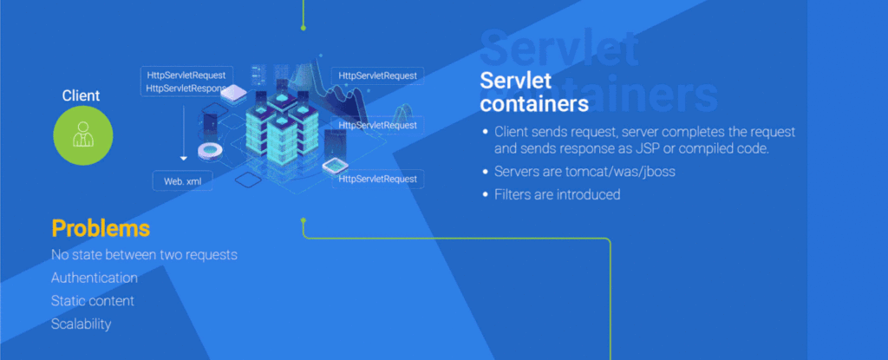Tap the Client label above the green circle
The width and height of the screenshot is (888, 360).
tap(81, 95)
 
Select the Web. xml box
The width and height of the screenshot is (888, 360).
tap(182, 181)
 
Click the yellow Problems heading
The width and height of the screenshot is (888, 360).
tap(101, 229)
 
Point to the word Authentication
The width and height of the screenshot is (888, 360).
tap(95, 278)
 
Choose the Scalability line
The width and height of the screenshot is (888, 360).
tap(82, 324)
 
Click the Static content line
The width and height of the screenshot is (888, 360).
tap(93, 301)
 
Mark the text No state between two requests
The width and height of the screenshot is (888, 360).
tap(144, 255)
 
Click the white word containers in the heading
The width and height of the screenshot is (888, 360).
tap(534, 103)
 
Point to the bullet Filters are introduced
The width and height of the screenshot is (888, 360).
tap(557, 194)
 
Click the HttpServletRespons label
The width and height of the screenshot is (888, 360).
tap(186, 88)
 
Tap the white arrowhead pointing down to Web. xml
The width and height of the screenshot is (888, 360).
tap(184, 159)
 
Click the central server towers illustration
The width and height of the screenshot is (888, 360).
tap(277, 130)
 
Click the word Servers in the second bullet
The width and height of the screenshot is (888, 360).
tap(518, 172)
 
